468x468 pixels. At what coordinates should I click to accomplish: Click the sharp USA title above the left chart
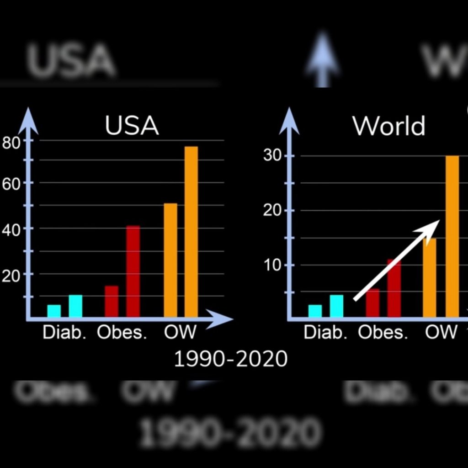coord(132,126)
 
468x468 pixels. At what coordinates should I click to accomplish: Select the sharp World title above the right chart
coord(389,126)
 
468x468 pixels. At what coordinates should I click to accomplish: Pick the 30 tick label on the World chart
coord(272,156)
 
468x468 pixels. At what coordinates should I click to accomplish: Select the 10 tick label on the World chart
coord(272,266)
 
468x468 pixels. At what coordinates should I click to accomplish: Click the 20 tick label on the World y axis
coord(272,211)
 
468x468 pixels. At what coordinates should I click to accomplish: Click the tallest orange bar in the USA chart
coord(191,231)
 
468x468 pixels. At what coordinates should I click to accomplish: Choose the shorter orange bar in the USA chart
coord(170,260)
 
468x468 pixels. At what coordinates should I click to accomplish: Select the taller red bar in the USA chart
coord(133,271)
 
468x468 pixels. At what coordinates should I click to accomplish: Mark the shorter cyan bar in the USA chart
coord(54,311)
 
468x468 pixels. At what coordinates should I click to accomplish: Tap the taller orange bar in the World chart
coord(452,236)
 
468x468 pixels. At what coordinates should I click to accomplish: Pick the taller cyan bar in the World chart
coord(336,306)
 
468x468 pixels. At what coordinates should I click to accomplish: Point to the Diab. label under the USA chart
coord(64,332)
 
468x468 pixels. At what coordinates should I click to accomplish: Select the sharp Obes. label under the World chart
coord(383,332)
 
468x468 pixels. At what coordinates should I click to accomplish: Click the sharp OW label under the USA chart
coord(180,332)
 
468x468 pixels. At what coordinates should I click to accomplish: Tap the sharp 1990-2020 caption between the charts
coord(231,359)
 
